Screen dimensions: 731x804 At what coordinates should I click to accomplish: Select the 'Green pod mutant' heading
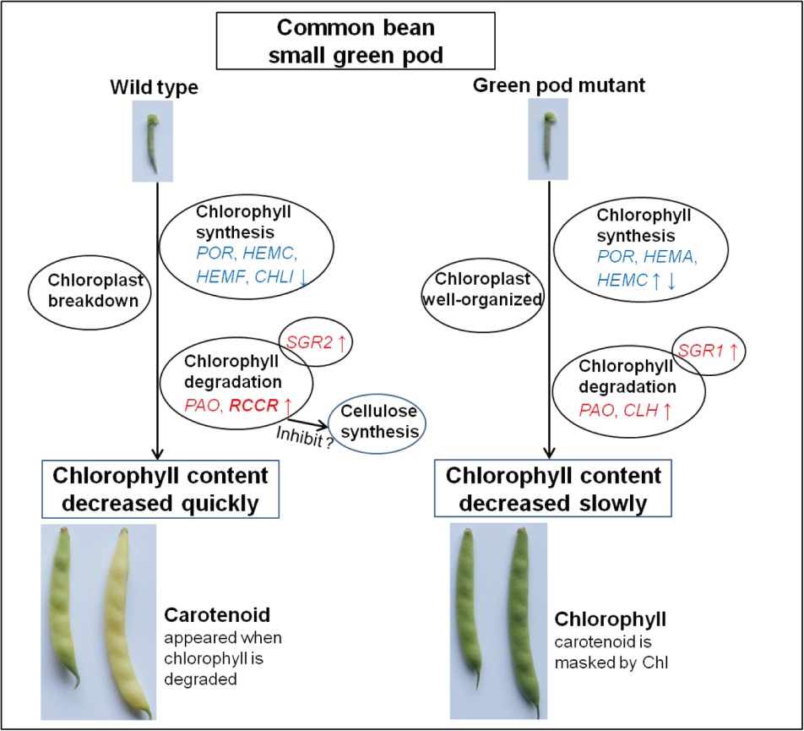click(x=547, y=85)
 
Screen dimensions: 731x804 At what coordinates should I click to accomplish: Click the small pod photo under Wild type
click(x=153, y=140)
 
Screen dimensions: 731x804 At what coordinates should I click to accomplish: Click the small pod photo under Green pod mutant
click(x=548, y=139)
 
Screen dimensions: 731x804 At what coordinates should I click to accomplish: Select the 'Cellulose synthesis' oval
click(x=378, y=420)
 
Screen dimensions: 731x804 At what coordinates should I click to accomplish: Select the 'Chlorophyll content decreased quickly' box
click(x=160, y=488)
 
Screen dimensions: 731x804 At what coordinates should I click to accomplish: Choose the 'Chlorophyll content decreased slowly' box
click(x=554, y=488)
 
